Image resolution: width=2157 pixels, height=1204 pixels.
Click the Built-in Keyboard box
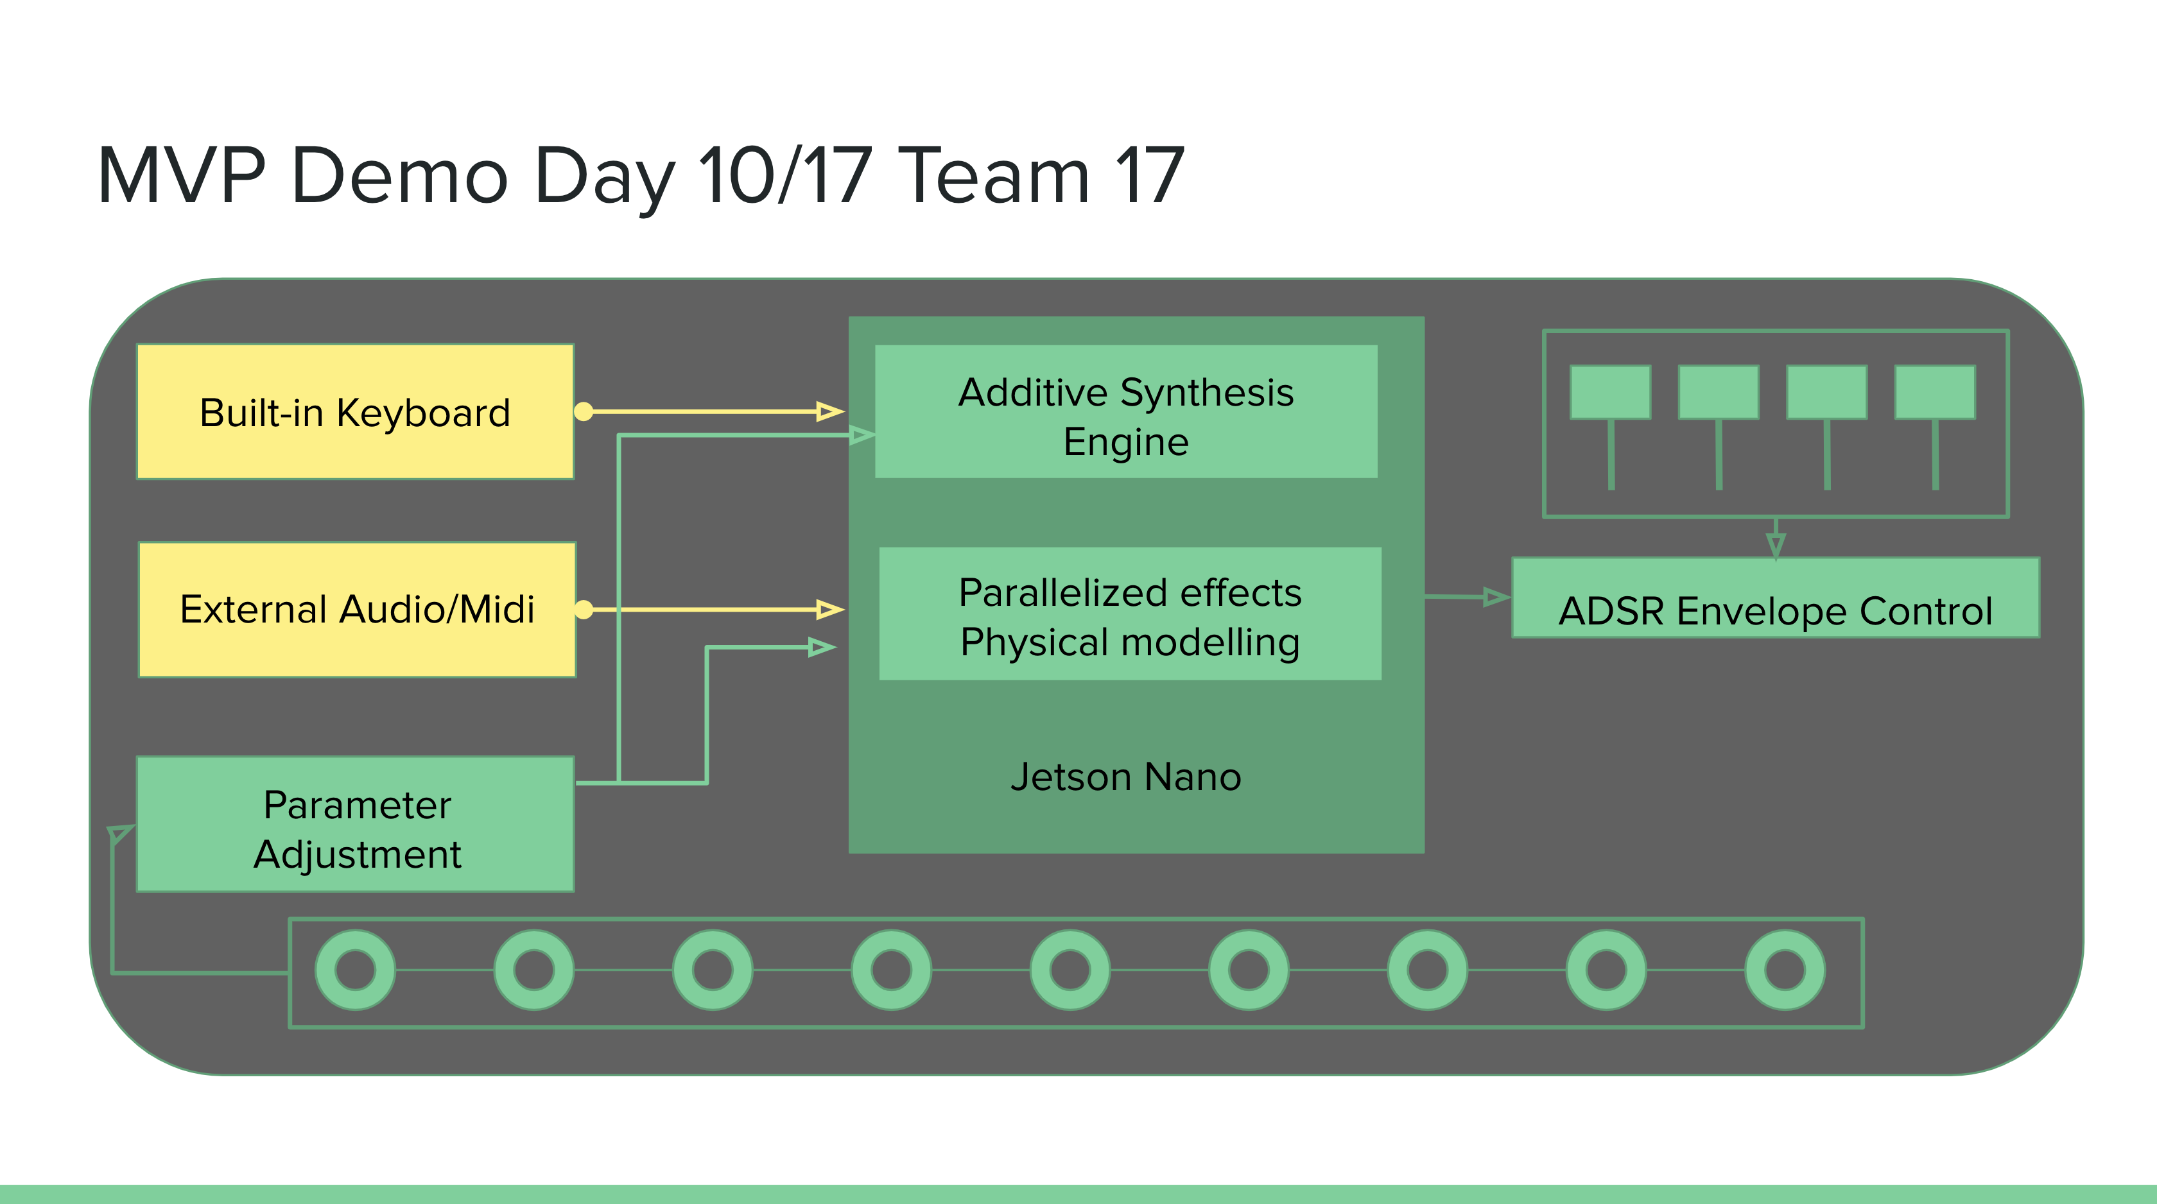point(355,412)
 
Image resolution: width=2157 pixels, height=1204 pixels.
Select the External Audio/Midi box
point(357,610)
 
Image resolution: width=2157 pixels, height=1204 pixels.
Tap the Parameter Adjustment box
point(355,825)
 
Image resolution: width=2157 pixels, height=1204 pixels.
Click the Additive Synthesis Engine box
point(1125,412)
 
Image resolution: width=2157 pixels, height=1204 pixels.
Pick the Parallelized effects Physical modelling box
point(1130,614)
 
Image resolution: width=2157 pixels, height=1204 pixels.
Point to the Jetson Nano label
point(1125,777)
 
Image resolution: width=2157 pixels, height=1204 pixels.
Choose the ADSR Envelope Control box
point(1775,598)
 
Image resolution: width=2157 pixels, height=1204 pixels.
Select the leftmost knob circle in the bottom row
point(355,970)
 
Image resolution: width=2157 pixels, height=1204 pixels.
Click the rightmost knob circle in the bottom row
point(1785,970)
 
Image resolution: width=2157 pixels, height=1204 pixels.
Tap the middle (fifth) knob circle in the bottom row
point(1070,970)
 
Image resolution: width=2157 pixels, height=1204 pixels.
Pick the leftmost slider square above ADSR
point(1610,392)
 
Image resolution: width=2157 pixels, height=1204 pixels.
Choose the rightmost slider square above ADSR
point(1934,392)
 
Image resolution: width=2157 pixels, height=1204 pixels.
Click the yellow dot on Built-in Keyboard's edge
point(584,411)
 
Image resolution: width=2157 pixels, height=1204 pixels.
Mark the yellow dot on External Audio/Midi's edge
point(584,610)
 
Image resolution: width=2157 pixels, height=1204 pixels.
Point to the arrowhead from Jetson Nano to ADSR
point(1496,597)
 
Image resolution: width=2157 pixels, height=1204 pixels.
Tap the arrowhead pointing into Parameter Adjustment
point(121,833)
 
